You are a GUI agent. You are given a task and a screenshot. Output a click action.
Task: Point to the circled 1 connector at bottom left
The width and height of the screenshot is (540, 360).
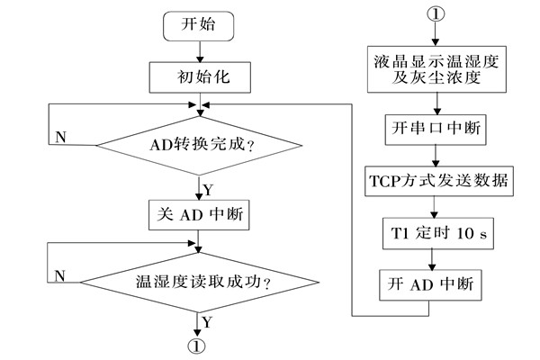coord(197,345)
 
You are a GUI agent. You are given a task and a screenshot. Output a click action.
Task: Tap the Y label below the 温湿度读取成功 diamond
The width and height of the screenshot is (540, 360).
coord(206,320)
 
